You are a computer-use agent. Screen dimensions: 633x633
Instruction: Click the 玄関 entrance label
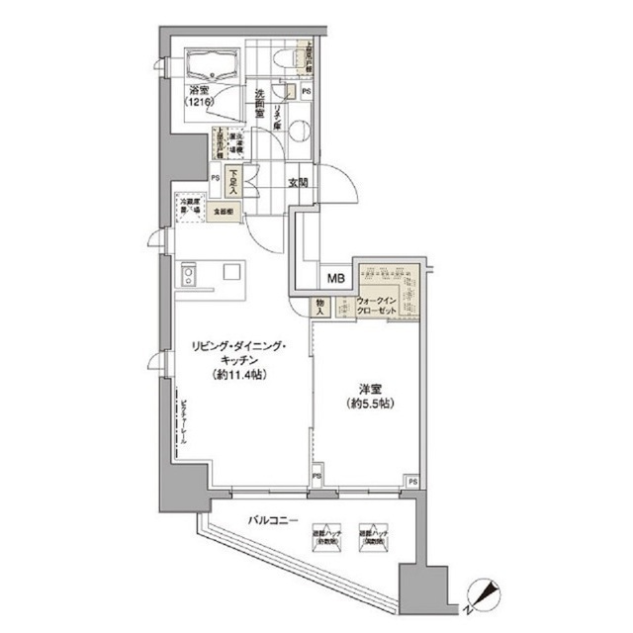point(300,182)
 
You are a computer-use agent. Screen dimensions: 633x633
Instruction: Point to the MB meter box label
point(336,278)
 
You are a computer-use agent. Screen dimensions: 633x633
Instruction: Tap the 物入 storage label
point(322,307)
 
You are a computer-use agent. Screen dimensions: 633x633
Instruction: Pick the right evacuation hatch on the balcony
point(374,535)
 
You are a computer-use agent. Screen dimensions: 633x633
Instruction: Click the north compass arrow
point(485,593)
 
